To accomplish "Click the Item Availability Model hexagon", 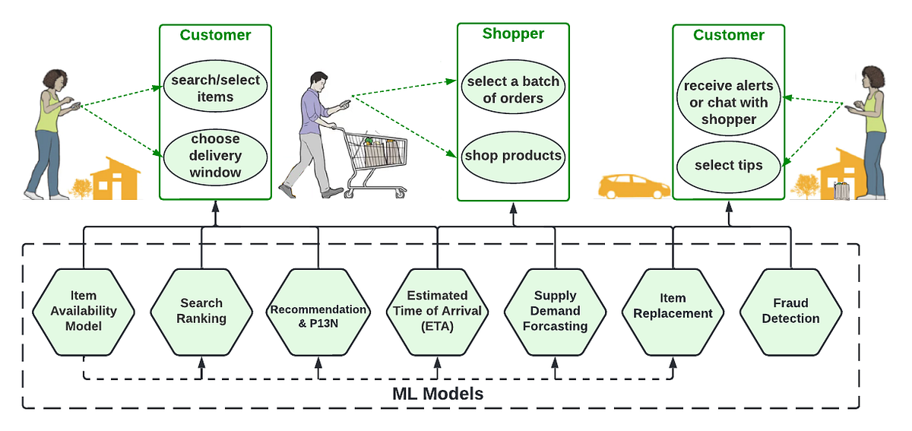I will click(84, 311).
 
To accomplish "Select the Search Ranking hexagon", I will click(201, 311).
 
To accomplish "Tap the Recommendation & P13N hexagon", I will click(318, 311).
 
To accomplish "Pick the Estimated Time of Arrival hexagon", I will click(437, 311).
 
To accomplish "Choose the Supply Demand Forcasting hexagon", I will click(556, 311).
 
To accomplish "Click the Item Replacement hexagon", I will click(673, 311).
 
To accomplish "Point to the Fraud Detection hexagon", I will click(790, 311).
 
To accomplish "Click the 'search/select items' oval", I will click(215, 88).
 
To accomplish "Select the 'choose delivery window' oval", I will click(215, 156).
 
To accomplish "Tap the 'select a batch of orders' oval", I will click(513, 90).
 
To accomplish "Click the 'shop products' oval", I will click(513, 156).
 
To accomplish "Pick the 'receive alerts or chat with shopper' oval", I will click(729, 103).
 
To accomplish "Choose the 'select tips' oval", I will click(728, 165).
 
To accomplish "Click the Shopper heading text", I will click(513, 34).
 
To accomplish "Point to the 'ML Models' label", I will click(437, 395).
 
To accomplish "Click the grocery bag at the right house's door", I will click(841, 191).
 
